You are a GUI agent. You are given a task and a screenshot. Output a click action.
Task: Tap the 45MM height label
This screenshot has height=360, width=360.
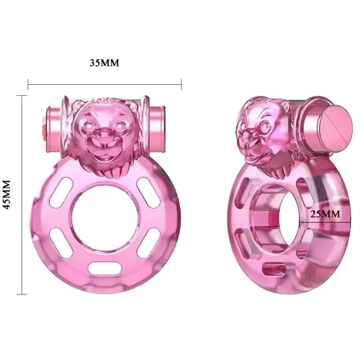coord(10,194)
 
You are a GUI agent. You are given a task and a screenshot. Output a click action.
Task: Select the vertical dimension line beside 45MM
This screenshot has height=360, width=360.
coord(25,194)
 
